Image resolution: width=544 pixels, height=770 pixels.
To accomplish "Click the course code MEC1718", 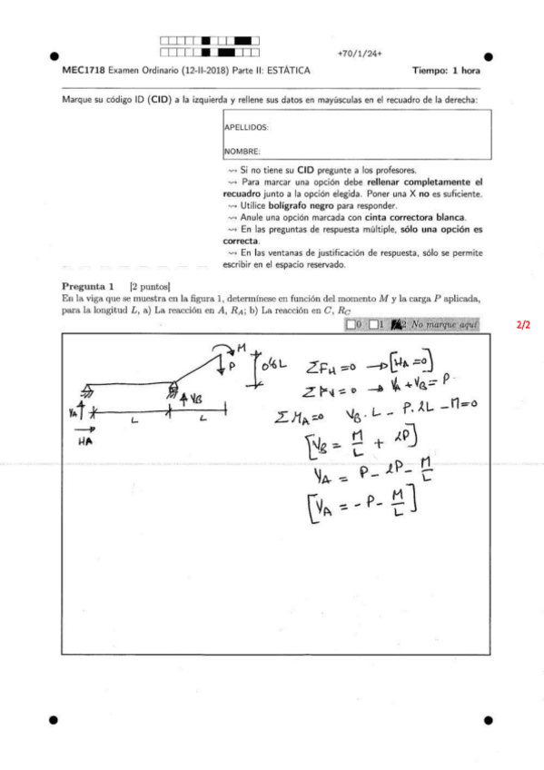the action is (x=81, y=70).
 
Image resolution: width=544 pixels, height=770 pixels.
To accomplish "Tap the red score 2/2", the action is (x=522, y=324).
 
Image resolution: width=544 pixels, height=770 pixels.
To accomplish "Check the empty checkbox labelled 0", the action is (x=351, y=324).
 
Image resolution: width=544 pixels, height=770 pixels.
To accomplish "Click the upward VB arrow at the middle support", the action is (x=185, y=400).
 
